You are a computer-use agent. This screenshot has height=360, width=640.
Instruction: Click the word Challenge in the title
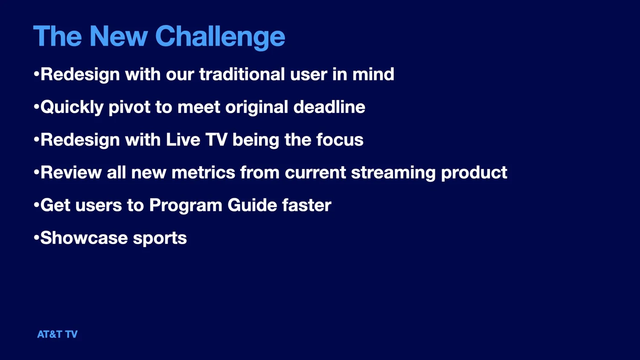point(220,37)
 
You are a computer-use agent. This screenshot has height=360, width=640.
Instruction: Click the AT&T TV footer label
point(57,334)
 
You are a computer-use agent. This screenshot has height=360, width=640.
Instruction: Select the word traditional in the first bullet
point(242,74)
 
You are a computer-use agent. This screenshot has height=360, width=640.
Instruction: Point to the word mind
point(373,74)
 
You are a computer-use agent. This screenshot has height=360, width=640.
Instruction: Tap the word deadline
point(329,107)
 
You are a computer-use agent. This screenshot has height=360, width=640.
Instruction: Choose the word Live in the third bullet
point(183,140)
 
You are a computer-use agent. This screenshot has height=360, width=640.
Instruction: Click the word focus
point(340,140)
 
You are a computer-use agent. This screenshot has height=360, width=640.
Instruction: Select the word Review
point(71,173)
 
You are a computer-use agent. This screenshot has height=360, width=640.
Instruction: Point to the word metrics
point(203,173)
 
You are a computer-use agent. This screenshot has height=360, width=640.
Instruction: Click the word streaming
point(393,173)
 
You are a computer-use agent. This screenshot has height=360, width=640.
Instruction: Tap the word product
point(474,173)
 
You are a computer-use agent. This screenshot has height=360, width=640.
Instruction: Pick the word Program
point(186,206)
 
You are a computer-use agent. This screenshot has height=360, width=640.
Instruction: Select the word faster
point(307,206)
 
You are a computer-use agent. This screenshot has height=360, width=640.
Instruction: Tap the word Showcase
point(84,238)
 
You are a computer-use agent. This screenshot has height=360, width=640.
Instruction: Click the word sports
point(160,238)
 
